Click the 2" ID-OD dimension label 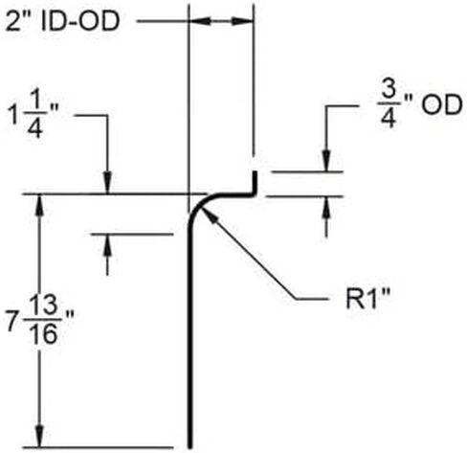[x=62, y=21]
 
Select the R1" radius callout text [x=368, y=299]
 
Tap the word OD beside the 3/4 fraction [x=441, y=104]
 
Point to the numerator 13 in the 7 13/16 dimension [x=44, y=305]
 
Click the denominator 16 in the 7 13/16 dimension [x=44, y=334]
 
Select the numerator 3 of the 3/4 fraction [x=389, y=89]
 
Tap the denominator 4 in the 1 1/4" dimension [x=35, y=128]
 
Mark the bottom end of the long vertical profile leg [x=190, y=447]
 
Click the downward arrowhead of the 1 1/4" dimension [x=107, y=183]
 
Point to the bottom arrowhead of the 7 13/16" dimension [x=39, y=436]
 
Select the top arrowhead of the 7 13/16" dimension [x=39, y=205]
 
